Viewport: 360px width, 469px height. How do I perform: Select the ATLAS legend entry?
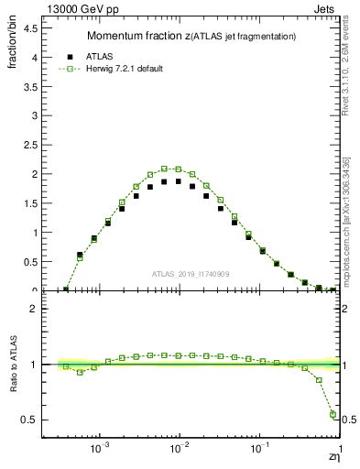click(x=108, y=55)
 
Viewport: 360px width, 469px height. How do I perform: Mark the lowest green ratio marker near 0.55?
click(x=333, y=414)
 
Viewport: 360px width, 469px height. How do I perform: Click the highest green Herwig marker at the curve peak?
click(x=165, y=169)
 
